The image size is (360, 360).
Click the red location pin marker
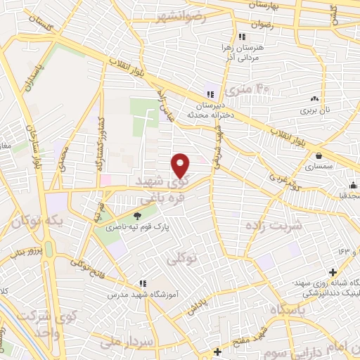181,165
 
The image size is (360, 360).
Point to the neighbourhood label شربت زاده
274,225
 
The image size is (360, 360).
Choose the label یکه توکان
42,223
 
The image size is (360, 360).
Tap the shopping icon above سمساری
319,156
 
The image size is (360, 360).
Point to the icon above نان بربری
314,100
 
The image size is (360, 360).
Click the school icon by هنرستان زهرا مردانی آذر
241,36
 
